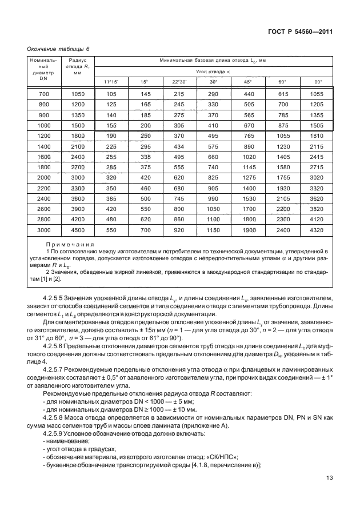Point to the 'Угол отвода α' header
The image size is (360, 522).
pos(213,71)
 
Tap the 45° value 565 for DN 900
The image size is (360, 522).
pos(249,115)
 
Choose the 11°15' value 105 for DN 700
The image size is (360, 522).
pos(111,93)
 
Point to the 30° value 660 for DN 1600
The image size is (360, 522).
pos(213,157)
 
